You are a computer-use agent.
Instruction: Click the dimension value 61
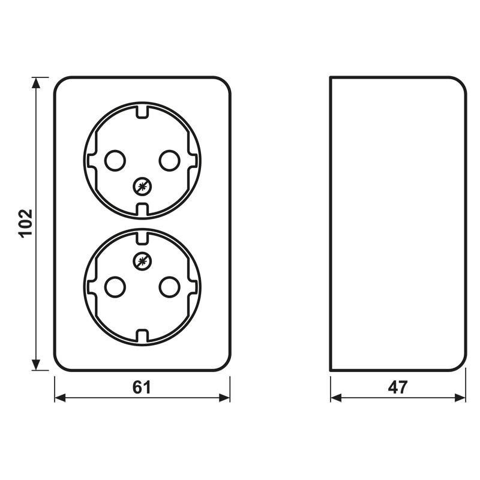pos(142,388)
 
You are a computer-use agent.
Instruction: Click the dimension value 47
pos(398,388)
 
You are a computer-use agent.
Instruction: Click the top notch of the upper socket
pos(142,112)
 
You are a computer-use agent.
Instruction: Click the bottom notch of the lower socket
pos(142,335)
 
